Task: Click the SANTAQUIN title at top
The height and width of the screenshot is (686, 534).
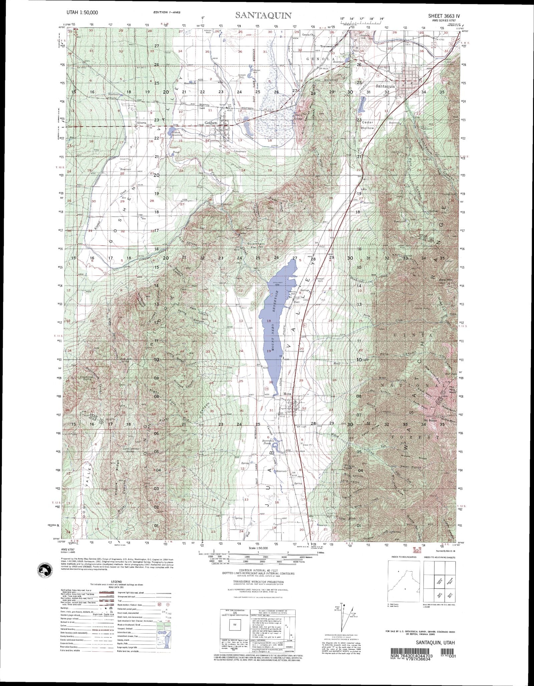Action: (264, 15)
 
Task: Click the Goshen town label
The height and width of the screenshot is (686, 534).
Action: (211, 123)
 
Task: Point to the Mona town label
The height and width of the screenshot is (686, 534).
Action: (287, 394)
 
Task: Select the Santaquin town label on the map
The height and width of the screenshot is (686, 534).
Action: (385, 86)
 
